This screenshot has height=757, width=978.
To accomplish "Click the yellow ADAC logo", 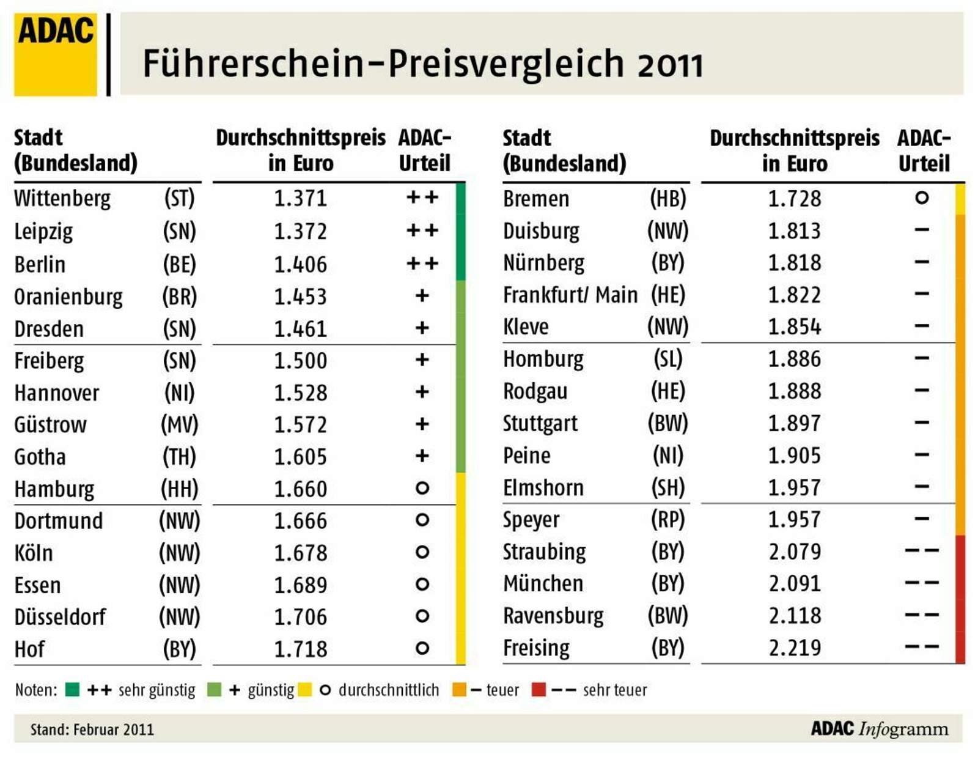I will (x=55, y=54).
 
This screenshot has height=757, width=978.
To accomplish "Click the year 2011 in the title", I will (x=670, y=64).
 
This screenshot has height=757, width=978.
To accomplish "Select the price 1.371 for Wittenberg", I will (x=300, y=199).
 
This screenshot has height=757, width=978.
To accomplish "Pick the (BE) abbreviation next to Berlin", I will (x=179, y=264).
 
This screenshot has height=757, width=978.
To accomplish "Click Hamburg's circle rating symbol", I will (x=422, y=488).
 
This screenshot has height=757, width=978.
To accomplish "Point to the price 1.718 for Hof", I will (x=300, y=649).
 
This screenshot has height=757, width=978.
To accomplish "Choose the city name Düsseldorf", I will (x=60, y=617).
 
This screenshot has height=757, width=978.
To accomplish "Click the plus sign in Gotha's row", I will (x=422, y=456).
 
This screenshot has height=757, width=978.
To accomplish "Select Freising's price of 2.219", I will (x=795, y=648).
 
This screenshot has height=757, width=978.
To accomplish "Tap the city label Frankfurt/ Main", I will (x=570, y=295).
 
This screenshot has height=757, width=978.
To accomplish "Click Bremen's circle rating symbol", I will (x=922, y=198).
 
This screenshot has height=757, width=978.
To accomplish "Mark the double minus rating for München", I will (x=922, y=583).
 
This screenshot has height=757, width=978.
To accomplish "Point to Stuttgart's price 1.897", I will (x=795, y=423).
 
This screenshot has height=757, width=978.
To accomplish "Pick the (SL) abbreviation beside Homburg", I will (x=667, y=359).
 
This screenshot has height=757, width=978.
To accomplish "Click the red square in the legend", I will (x=539, y=690).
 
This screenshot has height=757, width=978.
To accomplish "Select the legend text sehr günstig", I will (x=156, y=690).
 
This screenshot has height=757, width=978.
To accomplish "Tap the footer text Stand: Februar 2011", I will (x=92, y=729).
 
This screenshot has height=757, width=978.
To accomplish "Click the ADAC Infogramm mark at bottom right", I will (x=880, y=729).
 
